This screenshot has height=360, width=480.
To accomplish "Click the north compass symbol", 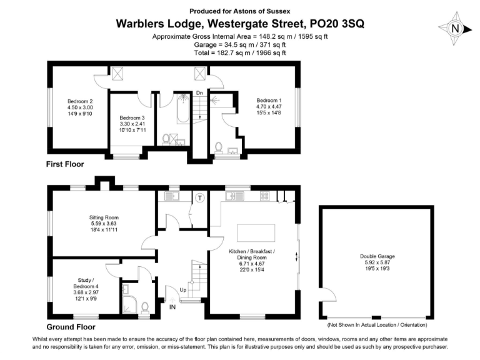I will [455, 28].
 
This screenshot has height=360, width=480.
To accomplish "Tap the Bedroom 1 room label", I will [269, 106].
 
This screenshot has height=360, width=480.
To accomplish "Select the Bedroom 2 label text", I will [80, 107].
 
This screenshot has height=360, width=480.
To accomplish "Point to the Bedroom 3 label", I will [132, 124].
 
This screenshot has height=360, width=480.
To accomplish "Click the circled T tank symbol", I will [200, 197].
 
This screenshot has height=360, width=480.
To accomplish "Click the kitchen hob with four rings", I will [265, 196].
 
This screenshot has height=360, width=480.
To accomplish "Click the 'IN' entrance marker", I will [172, 307].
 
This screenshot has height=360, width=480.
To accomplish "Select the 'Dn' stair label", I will [199, 93].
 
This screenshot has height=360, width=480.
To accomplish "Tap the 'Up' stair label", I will [182, 291].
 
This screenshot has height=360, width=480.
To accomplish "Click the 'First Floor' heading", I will [65, 164].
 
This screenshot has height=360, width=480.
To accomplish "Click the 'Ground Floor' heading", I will [71, 327].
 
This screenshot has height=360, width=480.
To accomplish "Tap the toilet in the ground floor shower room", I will [145, 307].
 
